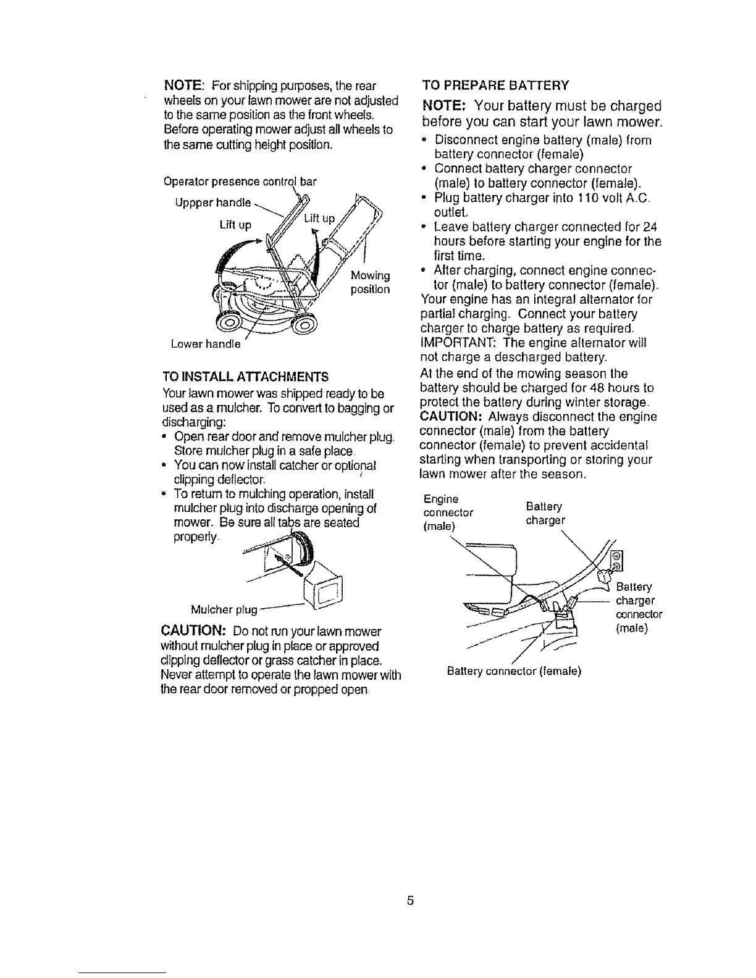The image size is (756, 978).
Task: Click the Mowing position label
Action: point(370,282)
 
